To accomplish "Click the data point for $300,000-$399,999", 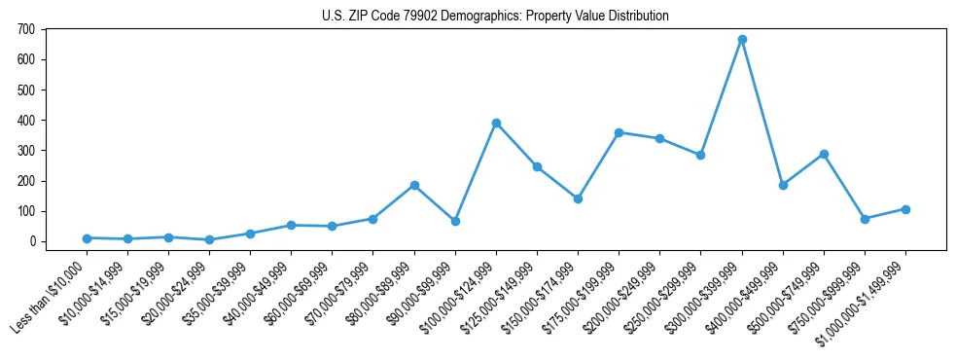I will tap(742, 40).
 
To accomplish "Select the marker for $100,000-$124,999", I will tap(496, 124).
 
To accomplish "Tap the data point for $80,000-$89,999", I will tap(414, 185).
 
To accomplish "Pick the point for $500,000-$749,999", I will tap(824, 154).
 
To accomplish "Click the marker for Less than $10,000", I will tap(88, 238).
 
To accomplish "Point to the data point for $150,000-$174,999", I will tap(578, 198).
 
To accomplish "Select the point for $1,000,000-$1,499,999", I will tap(905, 209).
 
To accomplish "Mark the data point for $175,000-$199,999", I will tap(619, 132).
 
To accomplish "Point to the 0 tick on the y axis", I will tap(33, 241).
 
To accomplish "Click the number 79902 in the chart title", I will tap(424, 17).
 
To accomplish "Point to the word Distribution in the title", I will tap(638, 17).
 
